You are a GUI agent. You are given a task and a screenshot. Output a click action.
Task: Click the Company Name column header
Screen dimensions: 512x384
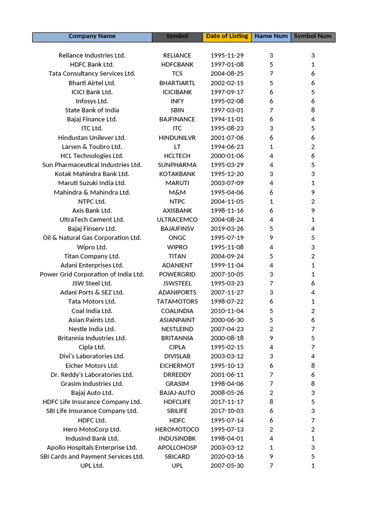92,36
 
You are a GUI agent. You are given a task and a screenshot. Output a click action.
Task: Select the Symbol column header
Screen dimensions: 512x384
177,36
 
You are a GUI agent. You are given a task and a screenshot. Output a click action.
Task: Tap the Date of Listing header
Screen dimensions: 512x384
227,36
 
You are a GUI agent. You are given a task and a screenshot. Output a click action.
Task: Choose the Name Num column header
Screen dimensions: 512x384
271,36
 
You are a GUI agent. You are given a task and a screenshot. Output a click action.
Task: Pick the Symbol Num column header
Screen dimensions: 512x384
312,36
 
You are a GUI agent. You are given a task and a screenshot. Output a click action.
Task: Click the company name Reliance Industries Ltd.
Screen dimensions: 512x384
92,55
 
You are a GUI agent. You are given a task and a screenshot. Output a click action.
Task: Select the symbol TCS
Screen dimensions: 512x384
177,73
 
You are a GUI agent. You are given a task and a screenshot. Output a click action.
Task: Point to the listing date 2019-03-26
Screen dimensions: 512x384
227,228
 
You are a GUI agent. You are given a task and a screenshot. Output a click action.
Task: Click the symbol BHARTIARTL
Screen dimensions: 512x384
177,83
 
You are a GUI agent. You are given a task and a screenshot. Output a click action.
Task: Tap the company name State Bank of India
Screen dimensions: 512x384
92,110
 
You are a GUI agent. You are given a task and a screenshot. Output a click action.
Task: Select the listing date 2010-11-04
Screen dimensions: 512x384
227,310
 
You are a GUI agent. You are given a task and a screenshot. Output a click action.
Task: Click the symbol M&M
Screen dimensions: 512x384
177,192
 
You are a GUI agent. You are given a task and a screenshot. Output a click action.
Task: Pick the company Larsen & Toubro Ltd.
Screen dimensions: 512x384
92,146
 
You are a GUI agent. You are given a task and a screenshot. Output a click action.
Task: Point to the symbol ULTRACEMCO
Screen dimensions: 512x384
177,219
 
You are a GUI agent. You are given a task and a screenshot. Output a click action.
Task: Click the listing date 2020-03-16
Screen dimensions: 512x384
227,456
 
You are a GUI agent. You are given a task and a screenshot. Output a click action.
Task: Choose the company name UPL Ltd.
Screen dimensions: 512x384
92,465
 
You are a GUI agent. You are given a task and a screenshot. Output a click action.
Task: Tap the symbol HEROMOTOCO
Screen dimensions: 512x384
177,429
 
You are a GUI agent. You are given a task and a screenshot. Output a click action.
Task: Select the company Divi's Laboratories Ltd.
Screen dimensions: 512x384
92,356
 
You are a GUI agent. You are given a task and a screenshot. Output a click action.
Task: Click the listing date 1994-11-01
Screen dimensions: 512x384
227,119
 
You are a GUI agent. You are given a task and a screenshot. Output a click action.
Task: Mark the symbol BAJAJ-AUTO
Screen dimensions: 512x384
177,392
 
